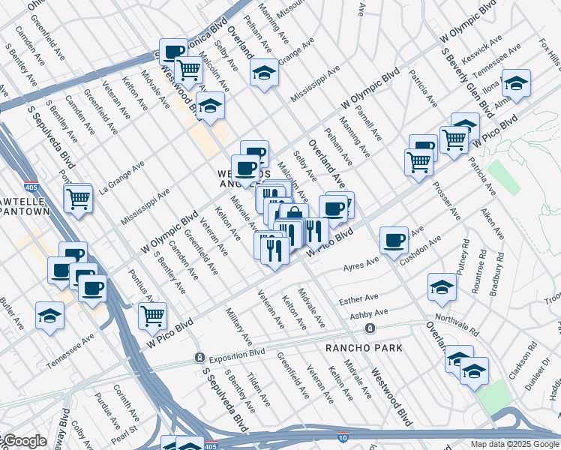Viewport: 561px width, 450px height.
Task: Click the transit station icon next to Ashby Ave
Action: pos(369,328)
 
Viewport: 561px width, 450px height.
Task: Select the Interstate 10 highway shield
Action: pos(344,436)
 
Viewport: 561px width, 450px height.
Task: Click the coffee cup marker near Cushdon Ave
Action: pos(394,241)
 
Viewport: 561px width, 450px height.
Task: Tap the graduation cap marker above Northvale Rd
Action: pos(442,287)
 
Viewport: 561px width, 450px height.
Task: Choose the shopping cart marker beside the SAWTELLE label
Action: pos(78,199)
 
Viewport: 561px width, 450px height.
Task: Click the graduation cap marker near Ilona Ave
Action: pos(516,82)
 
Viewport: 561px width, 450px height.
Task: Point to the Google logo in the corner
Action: pos(24,442)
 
